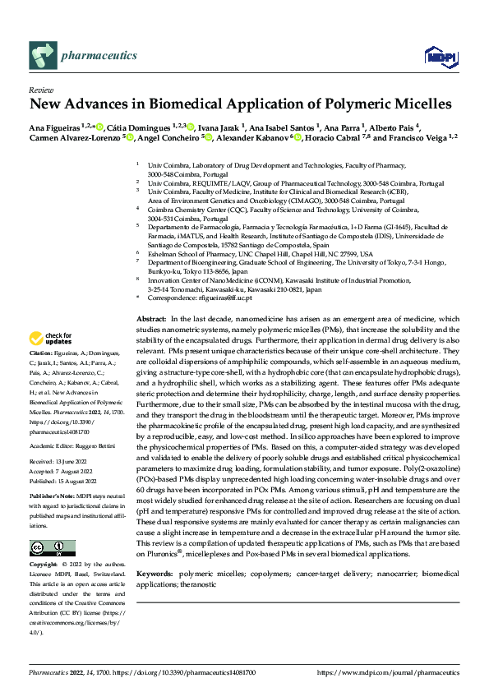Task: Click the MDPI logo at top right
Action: (436, 55)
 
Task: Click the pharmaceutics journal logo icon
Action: (42, 55)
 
